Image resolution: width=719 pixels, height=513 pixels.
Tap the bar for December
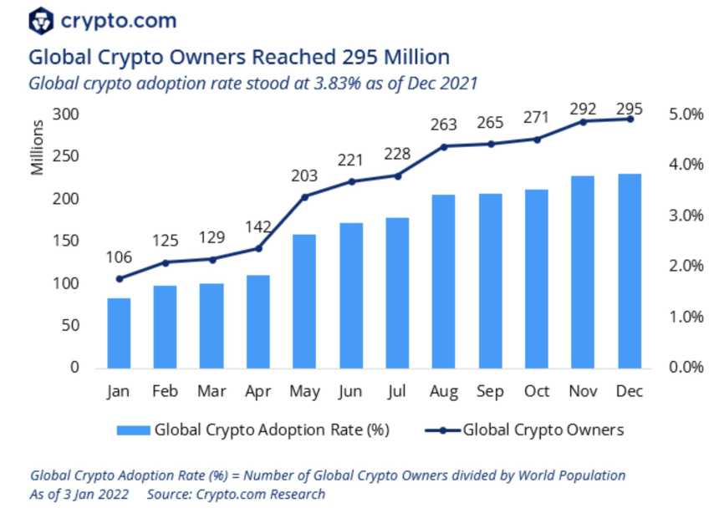click(630, 271)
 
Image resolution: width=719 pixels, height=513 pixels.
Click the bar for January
click(119, 333)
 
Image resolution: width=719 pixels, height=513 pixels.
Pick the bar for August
click(443, 281)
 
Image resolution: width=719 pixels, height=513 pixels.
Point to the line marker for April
click(258, 248)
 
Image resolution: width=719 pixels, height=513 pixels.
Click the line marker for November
click(583, 121)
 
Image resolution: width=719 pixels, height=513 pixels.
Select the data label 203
click(304, 176)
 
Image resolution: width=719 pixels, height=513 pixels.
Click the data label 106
click(119, 256)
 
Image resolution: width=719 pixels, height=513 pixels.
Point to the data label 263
click(443, 124)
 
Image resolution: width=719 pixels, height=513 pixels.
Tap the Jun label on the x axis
click(350, 390)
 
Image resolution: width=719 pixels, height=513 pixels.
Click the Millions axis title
click(37, 148)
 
